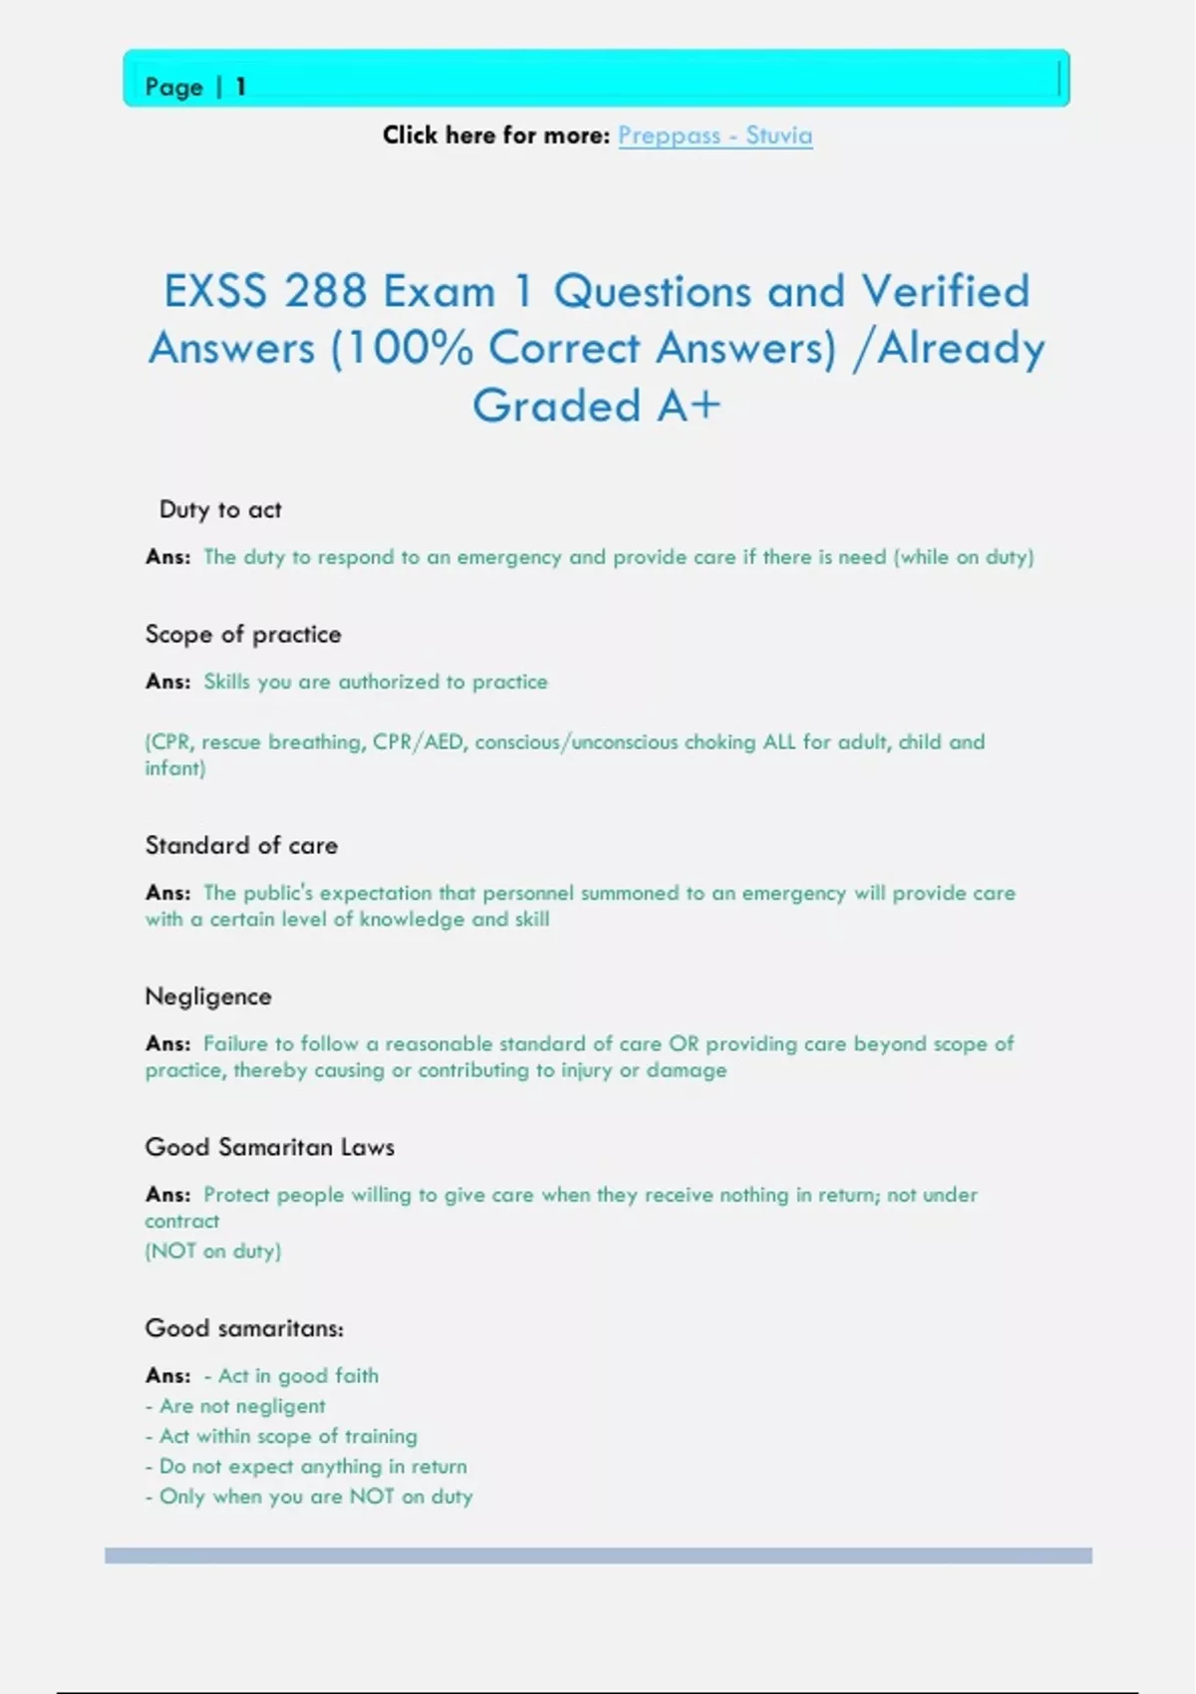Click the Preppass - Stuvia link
(715, 136)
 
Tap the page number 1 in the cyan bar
(240, 88)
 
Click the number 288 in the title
(325, 292)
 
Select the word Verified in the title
(945, 292)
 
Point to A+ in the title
(688, 407)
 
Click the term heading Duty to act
(220, 510)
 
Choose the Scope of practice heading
(243, 635)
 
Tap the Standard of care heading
(241, 846)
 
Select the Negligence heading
(208, 996)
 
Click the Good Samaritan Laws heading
(269, 1148)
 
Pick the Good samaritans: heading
(244, 1328)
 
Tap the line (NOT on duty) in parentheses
(213, 1252)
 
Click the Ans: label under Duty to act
(167, 557)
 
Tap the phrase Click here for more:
(495, 136)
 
